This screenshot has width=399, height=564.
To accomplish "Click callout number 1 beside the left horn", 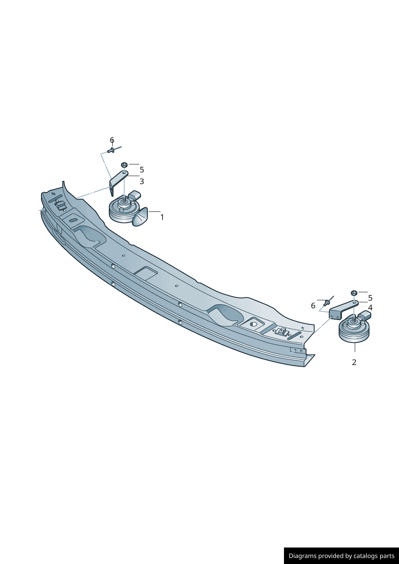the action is [162, 217].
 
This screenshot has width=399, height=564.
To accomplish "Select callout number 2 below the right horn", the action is [354, 362].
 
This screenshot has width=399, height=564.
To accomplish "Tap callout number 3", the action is [142, 181].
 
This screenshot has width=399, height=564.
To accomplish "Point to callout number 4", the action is [370, 308].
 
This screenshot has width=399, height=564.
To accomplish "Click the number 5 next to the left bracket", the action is [142, 170].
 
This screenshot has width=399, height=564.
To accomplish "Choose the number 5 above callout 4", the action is [370, 298].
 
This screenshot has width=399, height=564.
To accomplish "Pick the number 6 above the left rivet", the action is [112, 140].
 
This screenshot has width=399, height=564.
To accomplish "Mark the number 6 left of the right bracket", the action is [313, 306].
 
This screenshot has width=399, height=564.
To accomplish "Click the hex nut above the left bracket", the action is [124, 165].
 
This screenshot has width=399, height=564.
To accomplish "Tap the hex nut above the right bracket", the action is [354, 293].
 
